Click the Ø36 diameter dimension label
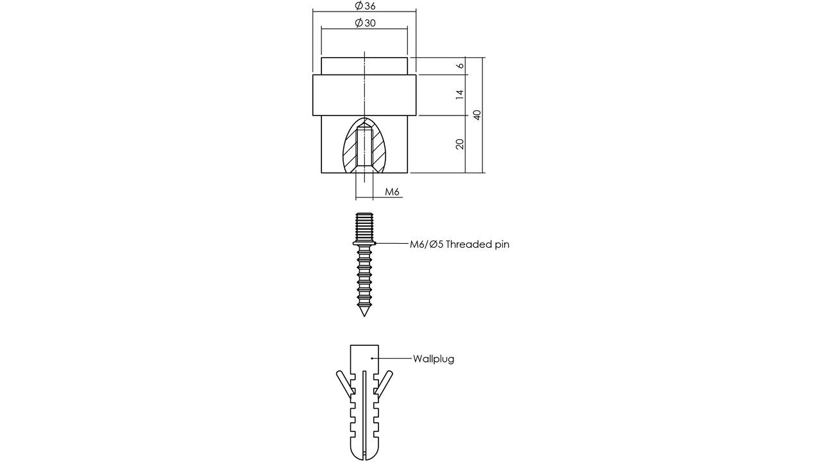point(365,6)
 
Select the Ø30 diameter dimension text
point(365,22)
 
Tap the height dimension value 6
point(460,65)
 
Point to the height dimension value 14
point(460,94)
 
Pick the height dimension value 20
point(460,144)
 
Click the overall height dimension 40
point(477,115)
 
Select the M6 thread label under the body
point(392,191)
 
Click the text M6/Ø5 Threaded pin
point(459,244)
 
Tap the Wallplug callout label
point(434,359)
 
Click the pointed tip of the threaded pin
point(364,316)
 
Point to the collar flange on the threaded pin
point(364,243)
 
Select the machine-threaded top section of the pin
point(364,227)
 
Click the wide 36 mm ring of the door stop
point(364,95)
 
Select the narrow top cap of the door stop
point(364,66)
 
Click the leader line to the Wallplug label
point(391,358)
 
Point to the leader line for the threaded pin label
point(391,243)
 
